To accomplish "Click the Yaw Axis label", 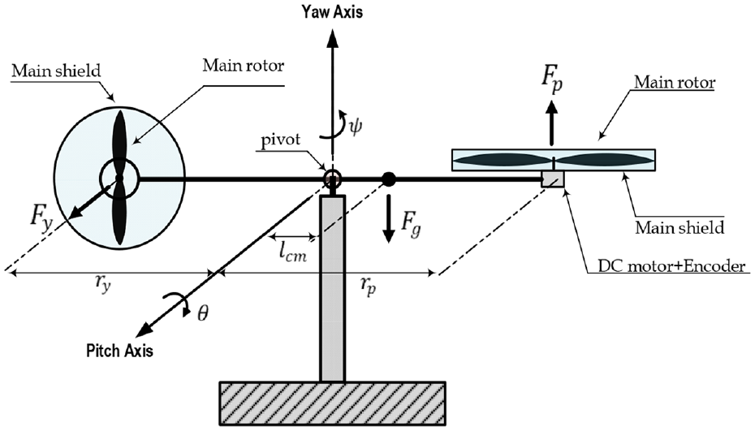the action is coord(332,11).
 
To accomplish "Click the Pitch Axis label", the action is coord(119,350).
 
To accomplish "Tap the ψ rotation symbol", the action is coord(355,126).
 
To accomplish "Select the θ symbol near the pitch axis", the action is coord(203,313).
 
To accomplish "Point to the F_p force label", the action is coord(552,79).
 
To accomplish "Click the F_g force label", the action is coord(411,224).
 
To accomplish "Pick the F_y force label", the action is coord(41,216).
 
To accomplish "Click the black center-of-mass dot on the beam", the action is coord(389,179).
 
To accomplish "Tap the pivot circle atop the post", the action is coord(332,179).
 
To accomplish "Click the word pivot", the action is coord(281,140).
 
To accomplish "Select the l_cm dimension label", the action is coord(292,252).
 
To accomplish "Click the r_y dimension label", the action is coord(102,285).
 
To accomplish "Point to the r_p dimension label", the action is coord(368,287).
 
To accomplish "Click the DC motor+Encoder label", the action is coord(671,265).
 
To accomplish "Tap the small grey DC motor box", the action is coord(553,179).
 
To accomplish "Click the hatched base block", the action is coord(332,403).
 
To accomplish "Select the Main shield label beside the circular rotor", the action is coord(56,71).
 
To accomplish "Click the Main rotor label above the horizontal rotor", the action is coord(675,82).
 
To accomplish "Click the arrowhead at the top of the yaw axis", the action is coord(332,37).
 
